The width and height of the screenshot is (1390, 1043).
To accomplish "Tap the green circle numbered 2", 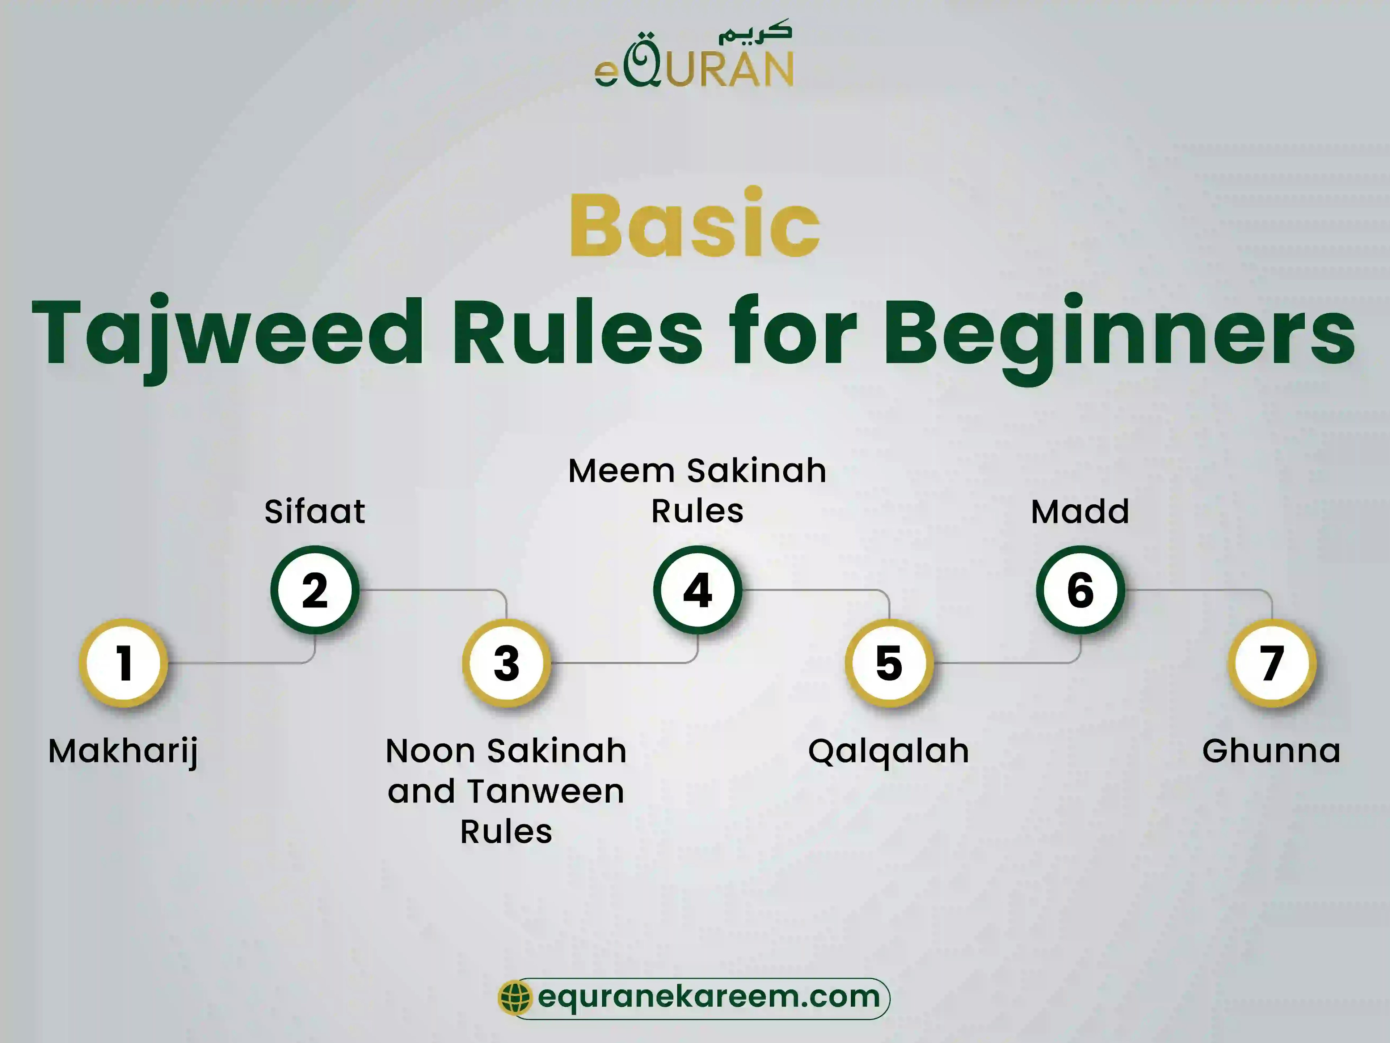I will pos(315,590).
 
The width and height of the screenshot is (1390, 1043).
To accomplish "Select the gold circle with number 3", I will pos(506,662).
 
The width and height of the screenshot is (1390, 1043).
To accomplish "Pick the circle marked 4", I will pos(698,590).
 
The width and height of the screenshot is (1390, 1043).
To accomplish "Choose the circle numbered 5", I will pos(889,662).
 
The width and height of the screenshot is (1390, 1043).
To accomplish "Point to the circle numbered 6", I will pos(1080,590).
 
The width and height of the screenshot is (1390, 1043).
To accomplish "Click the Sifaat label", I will pos(315,511).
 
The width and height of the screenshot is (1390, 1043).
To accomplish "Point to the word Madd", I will pos(1080,511).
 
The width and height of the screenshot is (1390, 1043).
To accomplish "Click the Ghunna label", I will pos(1271,751).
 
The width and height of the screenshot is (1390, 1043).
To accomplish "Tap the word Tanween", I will pos(546,791).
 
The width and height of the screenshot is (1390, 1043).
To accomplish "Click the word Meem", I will pos(622,471).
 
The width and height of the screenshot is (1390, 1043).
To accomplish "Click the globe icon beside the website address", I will pos(515,997).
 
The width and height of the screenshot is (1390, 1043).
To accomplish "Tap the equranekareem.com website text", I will pos(709,997).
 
